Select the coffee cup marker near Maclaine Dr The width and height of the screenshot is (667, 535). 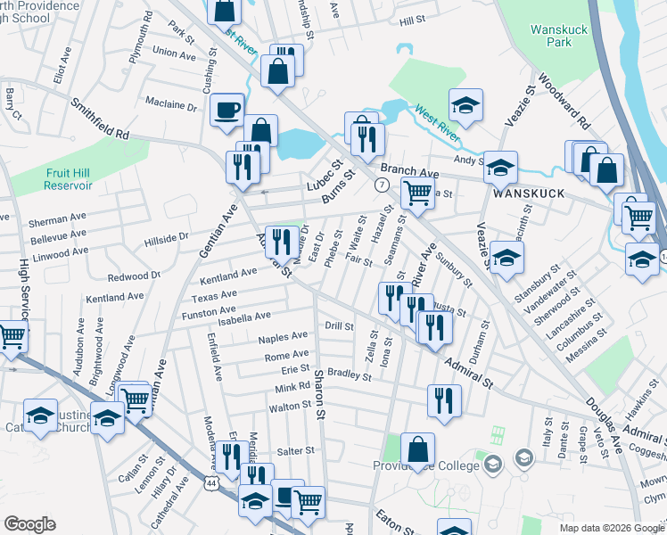click(x=226, y=109)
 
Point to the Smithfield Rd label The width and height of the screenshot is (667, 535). click(x=101, y=119)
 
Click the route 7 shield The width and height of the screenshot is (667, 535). click(x=381, y=185)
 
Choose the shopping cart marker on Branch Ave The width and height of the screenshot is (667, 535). click(x=416, y=192)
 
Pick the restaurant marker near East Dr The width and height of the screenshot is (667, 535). click(x=281, y=241)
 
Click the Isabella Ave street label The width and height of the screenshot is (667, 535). click(x=238, y=317)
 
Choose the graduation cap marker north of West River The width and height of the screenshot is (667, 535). click(x=465, y=104)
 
